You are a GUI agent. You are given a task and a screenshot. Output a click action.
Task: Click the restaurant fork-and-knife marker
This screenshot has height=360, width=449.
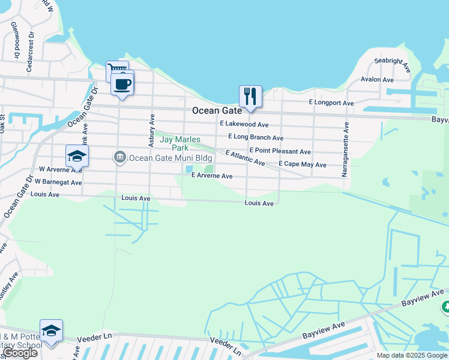(x=250, y=96)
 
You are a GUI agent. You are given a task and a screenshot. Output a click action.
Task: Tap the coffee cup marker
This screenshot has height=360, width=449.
(x=122, y=83)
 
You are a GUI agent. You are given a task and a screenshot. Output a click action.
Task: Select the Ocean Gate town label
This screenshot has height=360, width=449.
(x=217, y=111)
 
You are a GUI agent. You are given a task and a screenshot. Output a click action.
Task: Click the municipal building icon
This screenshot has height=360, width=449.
(x=119, y=158)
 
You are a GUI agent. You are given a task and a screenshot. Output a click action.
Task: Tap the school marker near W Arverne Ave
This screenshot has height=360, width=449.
(x=77, y=156)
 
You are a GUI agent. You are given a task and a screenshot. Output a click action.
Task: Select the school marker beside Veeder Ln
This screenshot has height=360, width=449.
(x=51, y=331)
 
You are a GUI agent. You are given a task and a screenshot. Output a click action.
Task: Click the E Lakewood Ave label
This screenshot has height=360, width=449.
(x=244, y=124)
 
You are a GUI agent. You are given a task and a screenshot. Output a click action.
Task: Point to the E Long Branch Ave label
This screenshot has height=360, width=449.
(x=251, y=137)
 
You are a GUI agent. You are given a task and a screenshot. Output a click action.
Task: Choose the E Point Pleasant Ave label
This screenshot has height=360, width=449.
(x=280, y=151)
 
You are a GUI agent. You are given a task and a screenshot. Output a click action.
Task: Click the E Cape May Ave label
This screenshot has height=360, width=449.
(x=303, y=164)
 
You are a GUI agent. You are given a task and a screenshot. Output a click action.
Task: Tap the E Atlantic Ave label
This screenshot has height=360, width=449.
(x=245, y=158)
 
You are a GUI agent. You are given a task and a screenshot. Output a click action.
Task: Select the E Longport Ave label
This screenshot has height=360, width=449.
(x=331, y=103)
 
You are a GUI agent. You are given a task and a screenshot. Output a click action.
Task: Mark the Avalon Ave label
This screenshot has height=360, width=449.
(x=377, y=79)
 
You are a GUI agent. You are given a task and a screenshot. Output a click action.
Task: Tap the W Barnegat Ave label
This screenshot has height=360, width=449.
(x=59, y=181)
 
